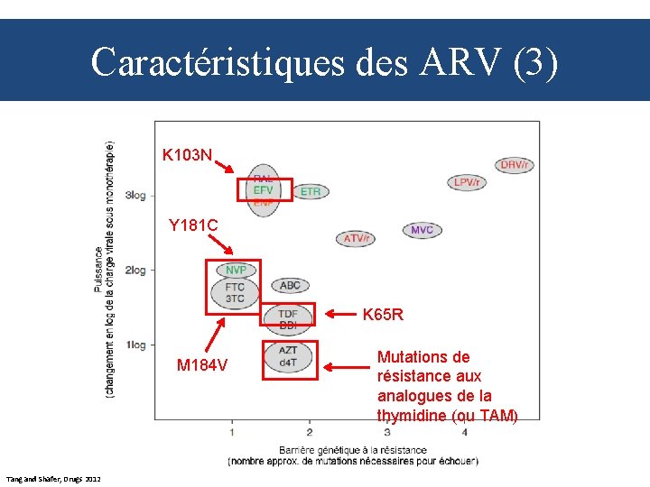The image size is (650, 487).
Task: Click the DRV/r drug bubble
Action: point(515,164)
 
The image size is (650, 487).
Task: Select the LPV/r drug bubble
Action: point(467,182)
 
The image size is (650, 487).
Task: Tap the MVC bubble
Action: point(422,230)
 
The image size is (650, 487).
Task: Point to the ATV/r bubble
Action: point(357,238)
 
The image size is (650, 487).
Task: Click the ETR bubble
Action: point(310,191)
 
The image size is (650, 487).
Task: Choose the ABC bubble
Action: point(290,285)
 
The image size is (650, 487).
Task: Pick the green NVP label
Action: point(236,270)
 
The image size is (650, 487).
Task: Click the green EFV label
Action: point(264,190)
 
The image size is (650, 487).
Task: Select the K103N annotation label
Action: point(187,155)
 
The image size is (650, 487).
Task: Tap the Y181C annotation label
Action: point(193,225)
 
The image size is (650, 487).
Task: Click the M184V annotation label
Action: point(202,365)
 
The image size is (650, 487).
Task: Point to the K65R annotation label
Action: point(383,316)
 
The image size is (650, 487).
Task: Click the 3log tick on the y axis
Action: point(136,195)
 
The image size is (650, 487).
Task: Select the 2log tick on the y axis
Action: point(136,270)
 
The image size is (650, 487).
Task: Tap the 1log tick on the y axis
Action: point(136,345)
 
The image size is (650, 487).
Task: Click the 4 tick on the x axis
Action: point(464,432)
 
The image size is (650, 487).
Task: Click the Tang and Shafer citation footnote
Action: point(53,477)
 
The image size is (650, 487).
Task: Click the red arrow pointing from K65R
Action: point(340,315)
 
